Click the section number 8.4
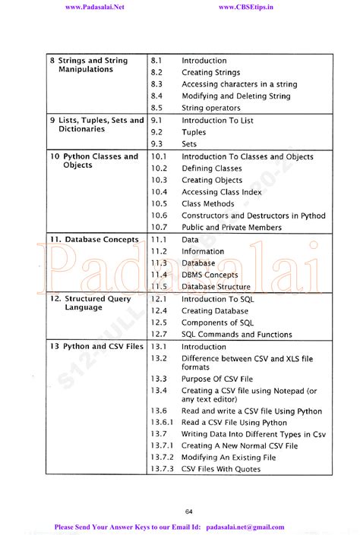point(156,96)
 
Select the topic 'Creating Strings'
point(210,73)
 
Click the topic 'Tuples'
point(194,132)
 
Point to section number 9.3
point(156,144)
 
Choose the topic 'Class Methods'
point(207,204)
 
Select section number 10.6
point(159,216)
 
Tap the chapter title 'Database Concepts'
point(95,240)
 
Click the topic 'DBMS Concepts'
point(210,275)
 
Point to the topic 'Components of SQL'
point(217,323)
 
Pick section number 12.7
point(158,335)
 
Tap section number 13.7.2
point(162,458)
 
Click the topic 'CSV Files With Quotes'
point(220,470)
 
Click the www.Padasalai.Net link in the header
point(95,7)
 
